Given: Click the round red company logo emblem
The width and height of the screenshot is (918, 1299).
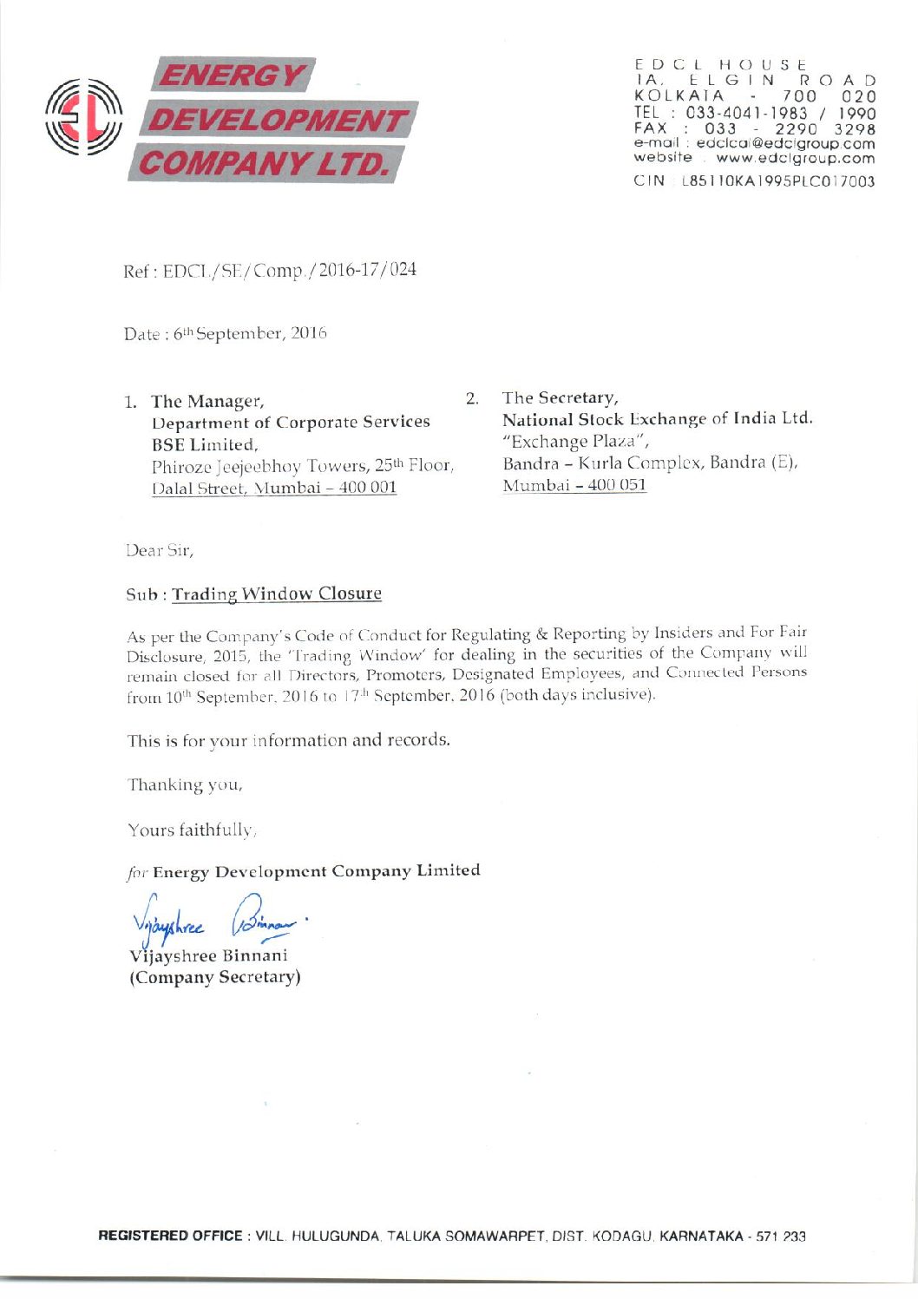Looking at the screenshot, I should (83, 119).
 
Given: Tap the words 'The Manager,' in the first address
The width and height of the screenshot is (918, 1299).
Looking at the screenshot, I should (207, 401).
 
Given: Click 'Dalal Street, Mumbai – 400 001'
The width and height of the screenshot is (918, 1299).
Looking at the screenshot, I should (274, 487).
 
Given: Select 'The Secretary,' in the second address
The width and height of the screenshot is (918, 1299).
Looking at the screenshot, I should (560, 397).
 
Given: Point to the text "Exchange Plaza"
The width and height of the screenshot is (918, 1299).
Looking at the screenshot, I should (575, 441).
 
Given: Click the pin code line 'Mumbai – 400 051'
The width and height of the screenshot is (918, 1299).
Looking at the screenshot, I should (574, 484).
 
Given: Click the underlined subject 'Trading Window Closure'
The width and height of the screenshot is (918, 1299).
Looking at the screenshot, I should (277, 594).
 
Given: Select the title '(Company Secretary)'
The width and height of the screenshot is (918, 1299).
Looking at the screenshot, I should (215, 977).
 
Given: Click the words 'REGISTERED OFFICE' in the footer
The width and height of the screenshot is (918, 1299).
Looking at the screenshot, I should (170, 1236).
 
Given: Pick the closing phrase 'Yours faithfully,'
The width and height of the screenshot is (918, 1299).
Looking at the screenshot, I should (190, 830).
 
